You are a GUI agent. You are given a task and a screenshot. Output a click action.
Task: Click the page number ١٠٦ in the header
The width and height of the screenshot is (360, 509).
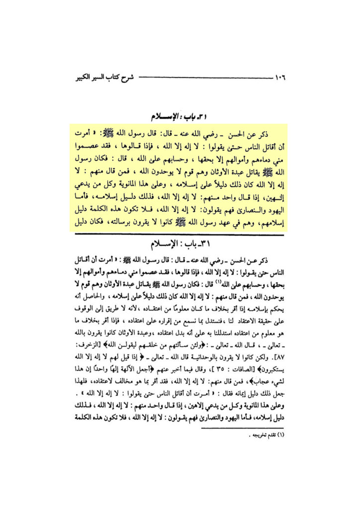(x=282, y=78)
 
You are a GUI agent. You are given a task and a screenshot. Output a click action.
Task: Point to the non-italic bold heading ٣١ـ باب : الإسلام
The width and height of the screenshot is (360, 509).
(x=180, y=245)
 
